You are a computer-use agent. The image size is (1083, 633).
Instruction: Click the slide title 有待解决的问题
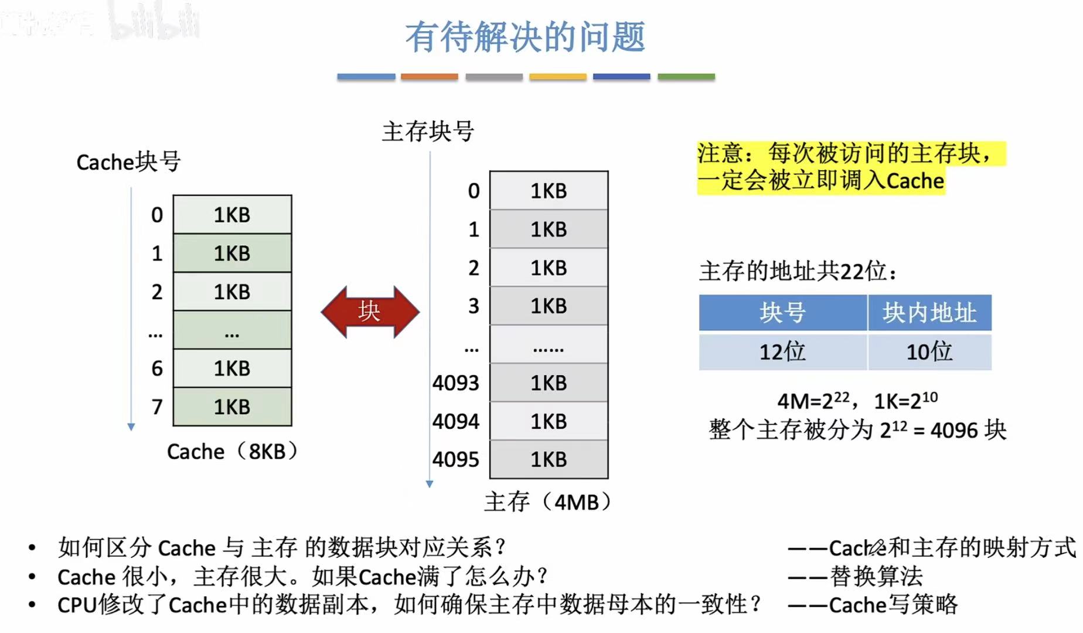(x=525, y=36)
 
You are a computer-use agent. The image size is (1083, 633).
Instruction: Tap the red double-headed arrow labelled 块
(x=370, y=312)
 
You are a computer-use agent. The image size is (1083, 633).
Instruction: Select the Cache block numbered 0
(x=232, y=215)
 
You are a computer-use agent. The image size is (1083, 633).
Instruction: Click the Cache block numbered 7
(x=232, y=407)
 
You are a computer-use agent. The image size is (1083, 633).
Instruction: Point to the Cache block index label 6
(x=157, y=368)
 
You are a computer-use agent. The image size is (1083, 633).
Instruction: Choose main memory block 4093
(x=549, y=382)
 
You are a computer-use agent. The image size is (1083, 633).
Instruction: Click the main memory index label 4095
(x=455, y=459)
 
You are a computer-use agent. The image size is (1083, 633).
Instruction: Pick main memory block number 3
(x=549, y=306)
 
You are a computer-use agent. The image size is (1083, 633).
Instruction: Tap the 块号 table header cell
(x=782, y=313)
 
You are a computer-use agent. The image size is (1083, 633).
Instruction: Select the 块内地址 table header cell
(x=929, y=313)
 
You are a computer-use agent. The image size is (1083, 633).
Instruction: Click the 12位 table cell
(x=782, y=352)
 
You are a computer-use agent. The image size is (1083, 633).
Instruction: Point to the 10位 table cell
(x=929, y=352)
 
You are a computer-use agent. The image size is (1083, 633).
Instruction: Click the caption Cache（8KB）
(x=232, y=452)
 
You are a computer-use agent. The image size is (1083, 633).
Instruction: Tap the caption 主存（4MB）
(x=548, y=502)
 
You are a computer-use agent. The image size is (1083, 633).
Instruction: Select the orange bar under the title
(x=430, y=77)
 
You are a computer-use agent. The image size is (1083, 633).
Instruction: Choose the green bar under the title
(x=686, y=77)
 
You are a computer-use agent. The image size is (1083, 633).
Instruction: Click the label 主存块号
(x=428, y=131)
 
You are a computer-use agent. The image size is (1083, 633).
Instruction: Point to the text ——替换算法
(x=856, y=577)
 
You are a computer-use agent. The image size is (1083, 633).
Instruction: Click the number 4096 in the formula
(x=955, y=431)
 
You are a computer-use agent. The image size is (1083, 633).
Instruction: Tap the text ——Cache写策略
(x=873, y=605)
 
